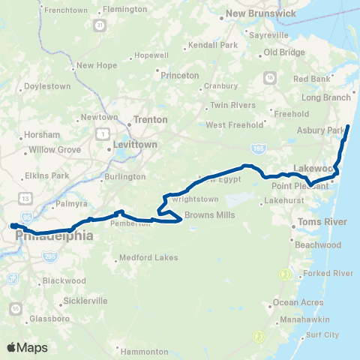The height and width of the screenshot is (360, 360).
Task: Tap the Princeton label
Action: point(179,76)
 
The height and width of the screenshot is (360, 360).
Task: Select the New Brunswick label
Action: point(257,13)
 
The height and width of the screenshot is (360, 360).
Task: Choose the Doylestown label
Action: point(47,86)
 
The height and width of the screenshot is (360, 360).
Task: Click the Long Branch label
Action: point(326,97)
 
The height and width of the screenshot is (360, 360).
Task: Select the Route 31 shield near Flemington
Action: point(99,25)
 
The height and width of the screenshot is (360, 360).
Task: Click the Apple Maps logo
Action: point(26,347)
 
